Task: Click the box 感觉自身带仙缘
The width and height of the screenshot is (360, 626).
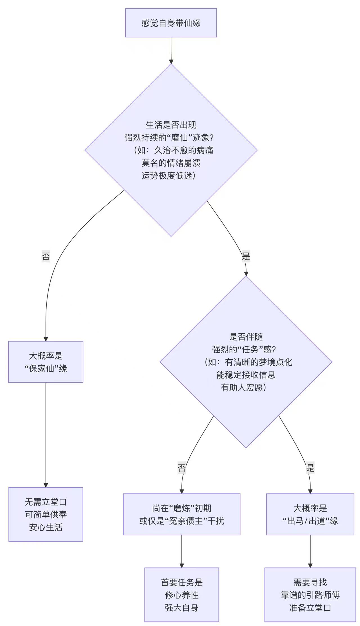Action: point(171,23)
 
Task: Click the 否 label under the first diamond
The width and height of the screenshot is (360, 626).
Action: point(46,256)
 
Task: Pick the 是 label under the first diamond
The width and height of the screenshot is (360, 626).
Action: point(246,256)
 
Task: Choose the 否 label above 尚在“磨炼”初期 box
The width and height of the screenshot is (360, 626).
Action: point(182,468)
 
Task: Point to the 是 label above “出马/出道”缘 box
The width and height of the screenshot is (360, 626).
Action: point(310,468)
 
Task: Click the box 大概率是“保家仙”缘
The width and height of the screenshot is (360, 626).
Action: point(46,362)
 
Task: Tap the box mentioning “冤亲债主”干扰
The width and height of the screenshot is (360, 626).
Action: point(182,514)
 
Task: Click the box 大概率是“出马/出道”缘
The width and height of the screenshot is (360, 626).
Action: point(310,514)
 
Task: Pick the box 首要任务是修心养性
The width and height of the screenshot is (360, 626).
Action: point(182,595)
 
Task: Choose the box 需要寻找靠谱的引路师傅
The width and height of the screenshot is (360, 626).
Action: point(310,595)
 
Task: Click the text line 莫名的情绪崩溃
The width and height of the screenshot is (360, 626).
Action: point(171,163)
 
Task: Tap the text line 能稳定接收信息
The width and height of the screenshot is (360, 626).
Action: point(246,375)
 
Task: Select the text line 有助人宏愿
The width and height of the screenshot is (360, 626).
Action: point(244,388)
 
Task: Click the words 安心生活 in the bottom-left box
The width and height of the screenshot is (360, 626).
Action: point(46,527)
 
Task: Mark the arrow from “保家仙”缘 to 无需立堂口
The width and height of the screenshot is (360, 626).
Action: point(46,434)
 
